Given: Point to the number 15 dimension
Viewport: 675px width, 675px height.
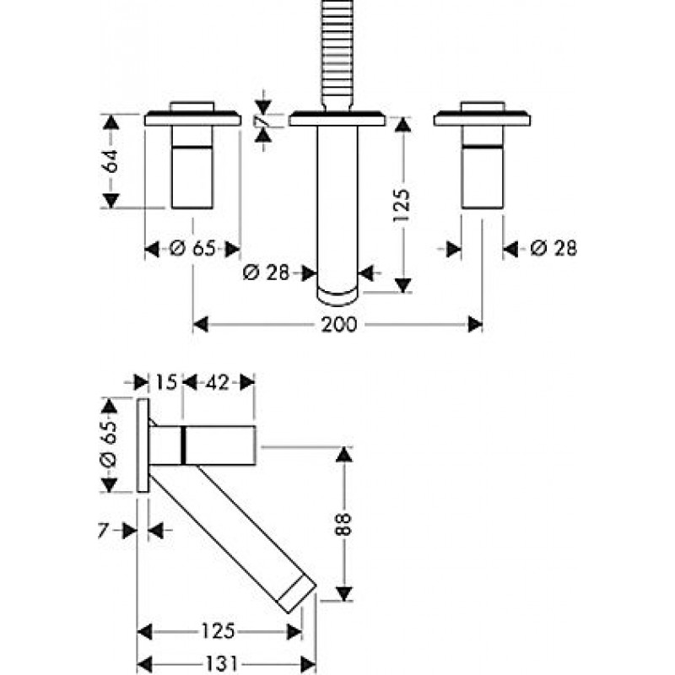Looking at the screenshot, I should tap(166, 382).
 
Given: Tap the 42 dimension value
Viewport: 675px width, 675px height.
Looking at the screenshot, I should tap(218, 382).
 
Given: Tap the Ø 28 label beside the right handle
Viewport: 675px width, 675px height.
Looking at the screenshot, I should tap(554, 248).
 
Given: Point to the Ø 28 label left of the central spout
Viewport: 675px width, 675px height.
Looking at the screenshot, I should tap(266, 273).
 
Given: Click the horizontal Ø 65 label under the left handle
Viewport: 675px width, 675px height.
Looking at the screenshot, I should tap(192, 249).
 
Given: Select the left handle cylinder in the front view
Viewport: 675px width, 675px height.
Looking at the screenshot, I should tap(193, 169).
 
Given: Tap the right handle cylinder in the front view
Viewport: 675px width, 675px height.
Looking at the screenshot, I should tap(482, 169).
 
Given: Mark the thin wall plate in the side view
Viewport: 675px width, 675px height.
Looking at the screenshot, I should tap(143, 445).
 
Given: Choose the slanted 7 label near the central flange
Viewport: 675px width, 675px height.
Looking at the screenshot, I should tap(265, 124).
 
